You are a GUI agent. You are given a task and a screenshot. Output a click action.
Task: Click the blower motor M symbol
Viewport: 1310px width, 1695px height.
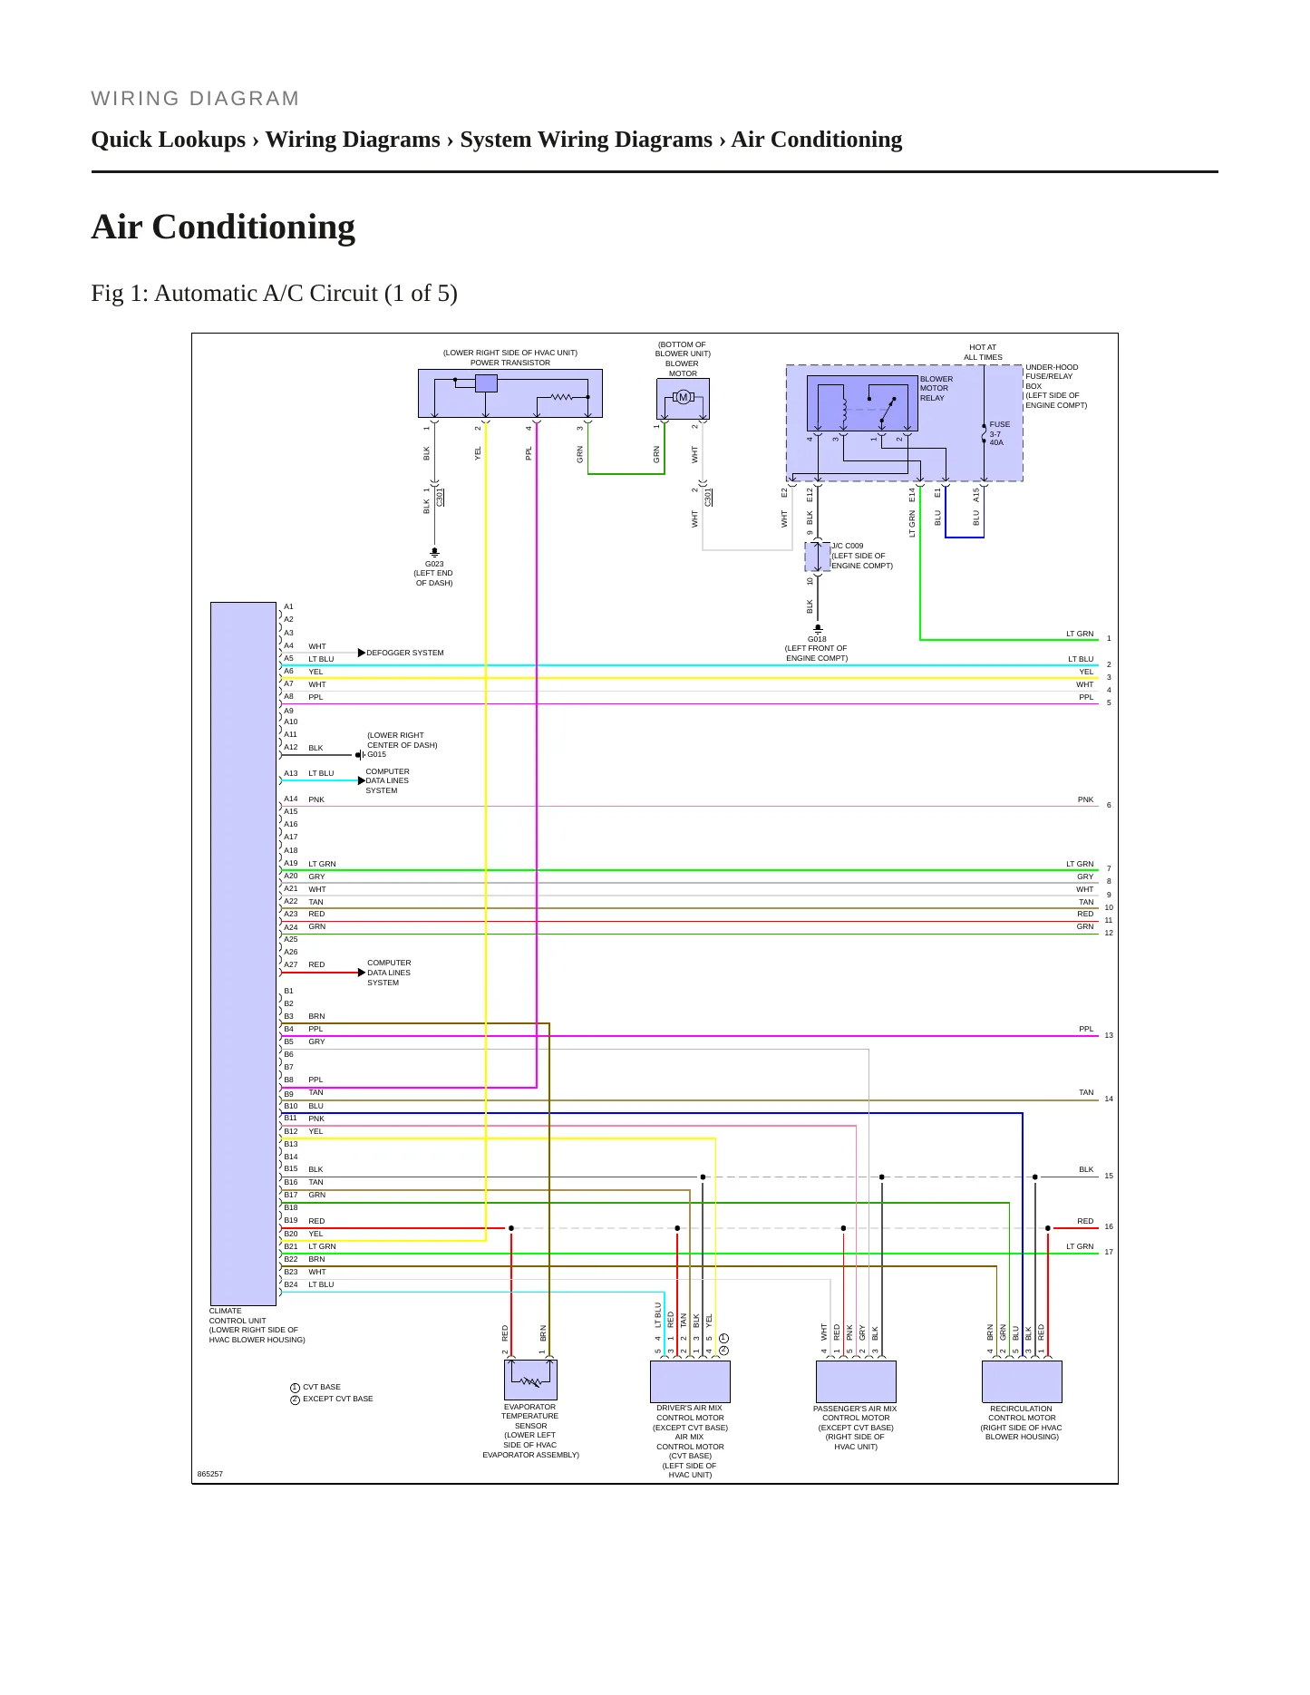(x=684, y=397)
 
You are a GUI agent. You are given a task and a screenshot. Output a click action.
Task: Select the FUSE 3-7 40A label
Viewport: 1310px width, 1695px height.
(x=999, y=433)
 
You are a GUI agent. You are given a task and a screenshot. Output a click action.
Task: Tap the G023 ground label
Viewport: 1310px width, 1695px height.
(x=434, y=564)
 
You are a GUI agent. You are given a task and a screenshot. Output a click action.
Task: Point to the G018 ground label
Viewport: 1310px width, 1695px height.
(x=817, y=639)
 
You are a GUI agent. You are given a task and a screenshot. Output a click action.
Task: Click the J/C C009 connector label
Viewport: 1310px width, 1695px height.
(x=848, y=547)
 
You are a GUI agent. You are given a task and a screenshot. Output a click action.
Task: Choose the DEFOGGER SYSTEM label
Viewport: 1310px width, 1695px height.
(x=405, y=653)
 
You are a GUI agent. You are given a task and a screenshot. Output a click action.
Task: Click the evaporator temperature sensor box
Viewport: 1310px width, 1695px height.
(x=530, y=1380)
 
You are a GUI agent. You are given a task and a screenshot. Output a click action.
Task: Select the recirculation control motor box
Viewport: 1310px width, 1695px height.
(x=1022, y=1381)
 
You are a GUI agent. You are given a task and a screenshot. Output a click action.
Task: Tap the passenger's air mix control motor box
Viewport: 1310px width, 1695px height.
(x=856, y=1381)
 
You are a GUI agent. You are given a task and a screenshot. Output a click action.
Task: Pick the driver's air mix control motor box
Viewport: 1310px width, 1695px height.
(x=690, y=1381)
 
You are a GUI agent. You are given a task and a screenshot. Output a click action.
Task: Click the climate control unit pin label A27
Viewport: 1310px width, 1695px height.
(x=290, y=964)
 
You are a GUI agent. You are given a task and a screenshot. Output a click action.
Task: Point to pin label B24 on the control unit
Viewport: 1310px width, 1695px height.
(x=290, y=1284)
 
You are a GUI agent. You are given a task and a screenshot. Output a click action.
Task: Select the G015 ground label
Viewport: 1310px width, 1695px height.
(x=376, y=754)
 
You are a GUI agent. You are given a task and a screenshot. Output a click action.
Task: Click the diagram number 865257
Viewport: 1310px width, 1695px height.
(x=209, y=1474)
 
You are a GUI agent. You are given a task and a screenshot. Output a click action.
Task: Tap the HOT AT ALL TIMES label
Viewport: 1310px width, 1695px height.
(x=983, y=353)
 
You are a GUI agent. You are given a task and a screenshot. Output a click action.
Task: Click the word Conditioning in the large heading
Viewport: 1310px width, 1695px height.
(x=254, y=227)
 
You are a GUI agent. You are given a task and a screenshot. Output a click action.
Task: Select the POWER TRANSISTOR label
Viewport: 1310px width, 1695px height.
(x=510, y=363)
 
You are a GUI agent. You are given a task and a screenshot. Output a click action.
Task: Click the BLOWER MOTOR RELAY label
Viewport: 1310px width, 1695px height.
(x=936, y=388)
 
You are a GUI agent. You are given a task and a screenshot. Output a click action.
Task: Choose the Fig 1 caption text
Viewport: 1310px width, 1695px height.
(x=274, y=293)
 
